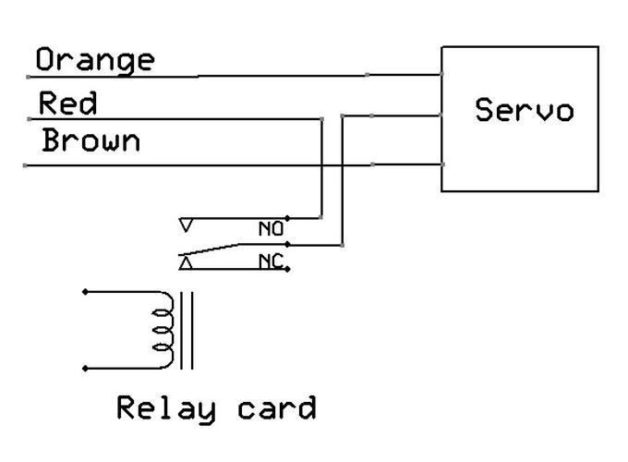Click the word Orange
(x=95, y=61)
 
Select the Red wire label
(x=67, y=103)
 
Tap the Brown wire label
(x=91, y=142)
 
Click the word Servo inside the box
(x=524, y=110)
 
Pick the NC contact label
(x=271, y=262)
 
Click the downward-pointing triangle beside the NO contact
(x=186, y=225)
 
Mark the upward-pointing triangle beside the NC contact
(x=186, y=263)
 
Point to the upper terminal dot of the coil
(x=85, y=292)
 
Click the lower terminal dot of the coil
(x=85, y=368)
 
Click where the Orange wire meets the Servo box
(x=442, y=75)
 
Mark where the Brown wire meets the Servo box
(x=442, y=164)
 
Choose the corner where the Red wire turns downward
(x=320, y=118)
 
